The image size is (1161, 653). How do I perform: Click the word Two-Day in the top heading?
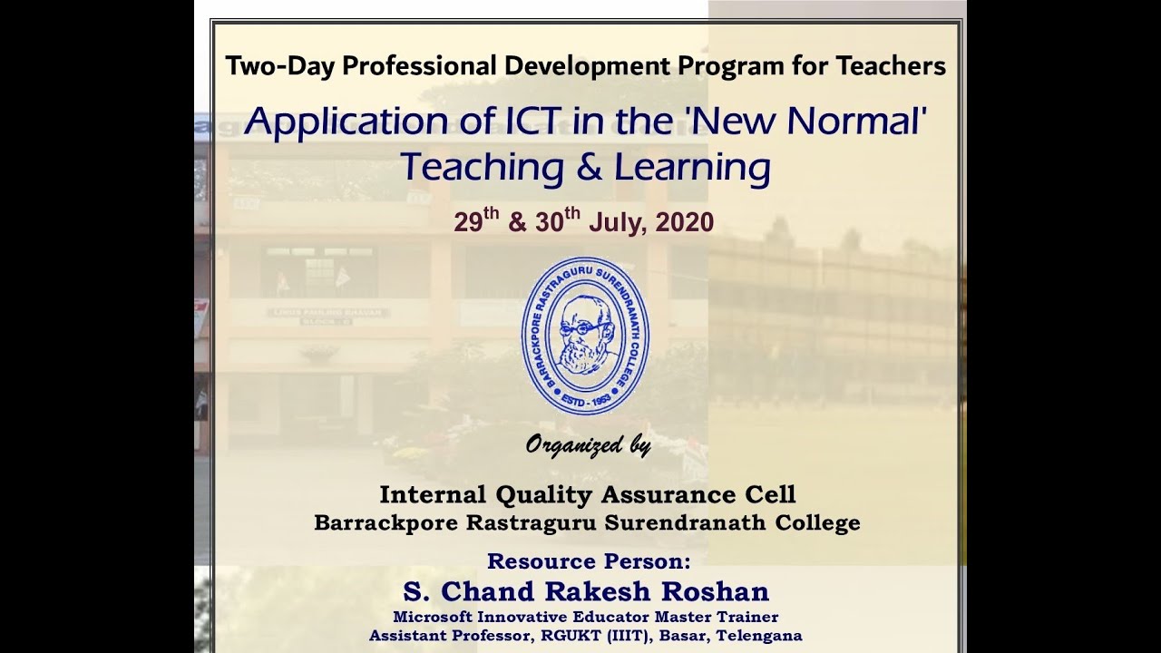coord(267,66)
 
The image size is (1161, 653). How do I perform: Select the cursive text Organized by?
coord(588,446)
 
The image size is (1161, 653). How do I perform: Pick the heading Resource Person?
coord(589,560)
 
